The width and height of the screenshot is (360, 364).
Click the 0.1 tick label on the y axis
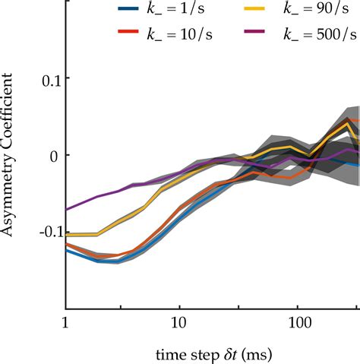(47, 78)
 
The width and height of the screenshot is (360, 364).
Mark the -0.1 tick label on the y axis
(44, 231)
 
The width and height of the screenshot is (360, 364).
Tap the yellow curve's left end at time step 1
(67, 235)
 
